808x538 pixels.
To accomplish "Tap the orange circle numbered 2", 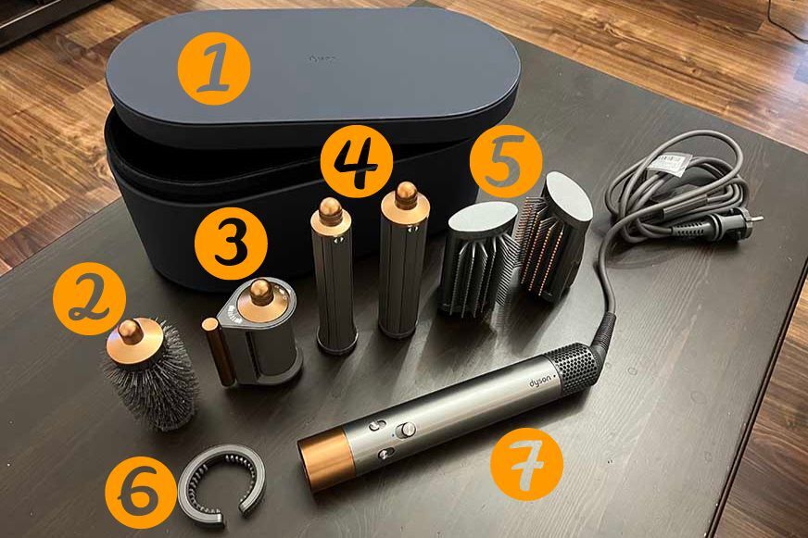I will click(x=90, y=297).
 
